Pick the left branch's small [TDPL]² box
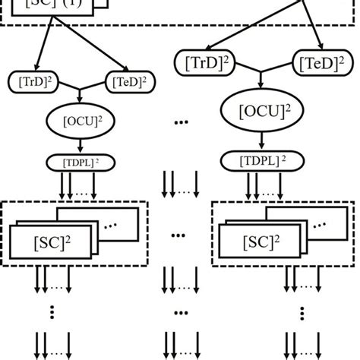[x=78, y=163]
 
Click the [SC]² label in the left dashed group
[x=51, y=242]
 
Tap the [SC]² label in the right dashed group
[x=258, y=242]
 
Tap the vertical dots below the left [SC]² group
[x=52, y=311]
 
